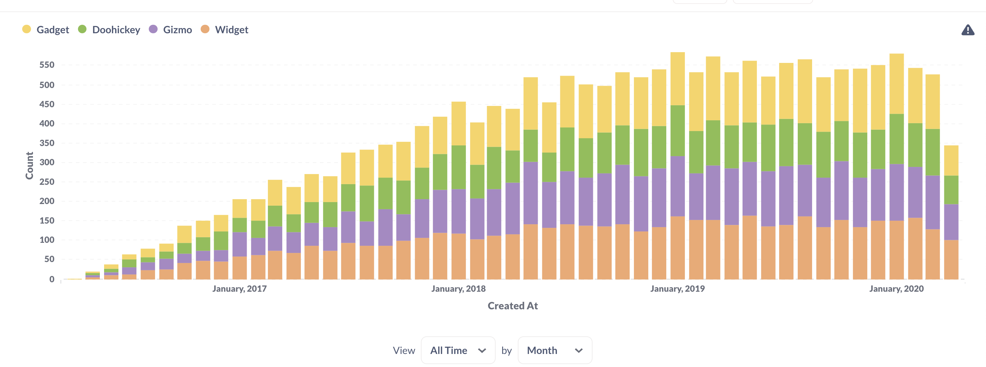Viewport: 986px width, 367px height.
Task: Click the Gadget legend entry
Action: pyautogui.click(x=53, y=30)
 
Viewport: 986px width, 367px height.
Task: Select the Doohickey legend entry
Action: pyautogui.click(x=116, y=30)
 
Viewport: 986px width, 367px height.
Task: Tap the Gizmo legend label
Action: pyautogui.click(x=177, y=30)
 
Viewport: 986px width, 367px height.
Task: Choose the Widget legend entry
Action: pyautogui.click(x=231, y=30)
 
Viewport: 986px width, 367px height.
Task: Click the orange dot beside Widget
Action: pyautogui.click(x=205, y=29)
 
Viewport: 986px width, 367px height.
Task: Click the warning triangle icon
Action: pyautogui.click(x=968, y=30)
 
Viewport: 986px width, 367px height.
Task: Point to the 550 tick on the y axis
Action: pyautogui.click(x=47, y=65)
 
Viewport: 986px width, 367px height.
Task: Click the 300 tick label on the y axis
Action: pyautogui.click(x=47, y=162)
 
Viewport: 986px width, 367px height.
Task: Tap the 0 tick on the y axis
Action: pyautogui.click(x=52, y=279)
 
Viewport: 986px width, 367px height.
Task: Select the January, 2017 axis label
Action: pyautogui.click(x=239, y=289)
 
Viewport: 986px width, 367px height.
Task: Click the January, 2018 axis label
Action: pyautogui.click(x=458, y=289)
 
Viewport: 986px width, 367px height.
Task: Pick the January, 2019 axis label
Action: pyautogui.click(x=677, y=289)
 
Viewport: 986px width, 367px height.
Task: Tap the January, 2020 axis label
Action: pyautogui.click(x=896, y=289)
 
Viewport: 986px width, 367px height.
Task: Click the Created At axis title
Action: pyautogui.click(x=513, y=306)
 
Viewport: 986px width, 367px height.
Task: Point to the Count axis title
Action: pyautogui.click(x=29, y=166)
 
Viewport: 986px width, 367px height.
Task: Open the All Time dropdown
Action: pyautogui.click(x=458, y=350)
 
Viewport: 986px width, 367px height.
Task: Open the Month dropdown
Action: pyautogui.click(x=555, y=350)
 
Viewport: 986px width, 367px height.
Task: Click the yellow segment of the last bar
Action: pyautogui.click(x=951, y=161)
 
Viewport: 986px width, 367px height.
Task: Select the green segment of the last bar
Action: pyautogui.click(x=951, y=190)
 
